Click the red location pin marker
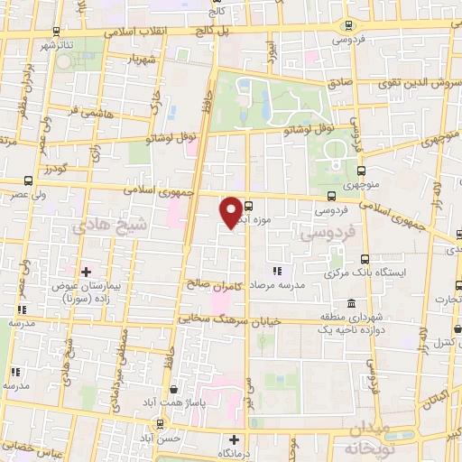click(x=232, y=211)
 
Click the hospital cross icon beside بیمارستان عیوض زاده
click(x=87, y=271)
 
